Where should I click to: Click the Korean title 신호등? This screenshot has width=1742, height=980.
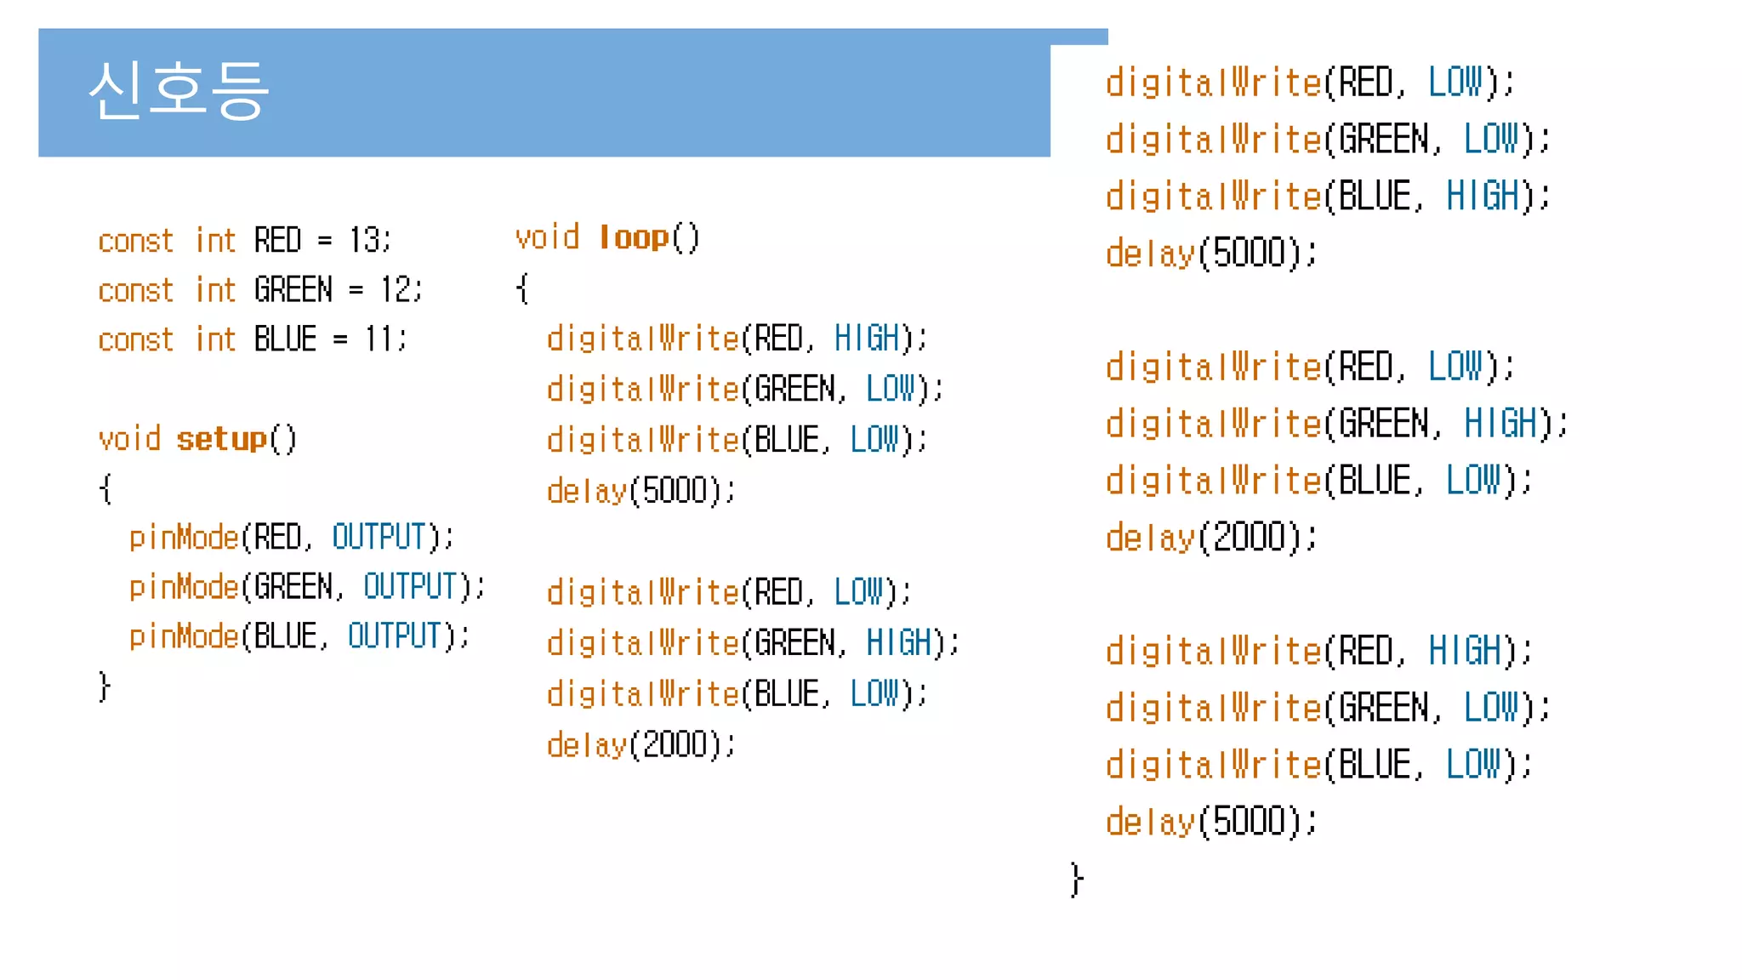pyautogui.click(x=179, y=90)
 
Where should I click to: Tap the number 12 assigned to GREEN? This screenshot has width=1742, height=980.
pyautogui.click(x=397, y=290)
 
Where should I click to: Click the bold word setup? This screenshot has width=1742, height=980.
pyautogui.click(x=222, y=439)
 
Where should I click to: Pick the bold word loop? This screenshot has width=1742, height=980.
pyautogui.click(x=635, y=237)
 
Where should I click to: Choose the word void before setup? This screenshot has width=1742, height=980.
pyautogui.click(x=129, y=439)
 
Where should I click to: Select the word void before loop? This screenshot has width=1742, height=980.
pyautogui.click(x=547, y=237)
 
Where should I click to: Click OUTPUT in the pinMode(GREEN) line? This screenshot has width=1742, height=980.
pyautogui.click(x=410, y=587)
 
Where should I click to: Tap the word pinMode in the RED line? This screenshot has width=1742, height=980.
pyautogui.click(x=184, y=538)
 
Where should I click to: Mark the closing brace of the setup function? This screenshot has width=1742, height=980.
pyautogui.click(x=105, y=686)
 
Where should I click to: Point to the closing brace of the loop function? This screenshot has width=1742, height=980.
pyautogui.click(x=1077, y=879)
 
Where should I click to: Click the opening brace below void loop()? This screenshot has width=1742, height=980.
pyautogui.click(x=522, y=288)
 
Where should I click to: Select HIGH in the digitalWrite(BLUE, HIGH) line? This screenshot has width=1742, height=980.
pyautogui.click(x=1483, y=197)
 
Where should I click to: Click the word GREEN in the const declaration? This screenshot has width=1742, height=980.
pyautogui.click(x=293, y=290)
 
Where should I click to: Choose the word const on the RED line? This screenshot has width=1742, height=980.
pyautogui.click(x=136, y=241)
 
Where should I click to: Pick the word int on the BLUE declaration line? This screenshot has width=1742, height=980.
pyautogui.click(x=215, y=339)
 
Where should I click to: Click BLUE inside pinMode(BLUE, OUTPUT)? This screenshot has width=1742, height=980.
pyautogui.click(x=286, y=636)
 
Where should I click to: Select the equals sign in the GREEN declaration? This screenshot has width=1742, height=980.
pyautogui.click(x=356, y=291)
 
